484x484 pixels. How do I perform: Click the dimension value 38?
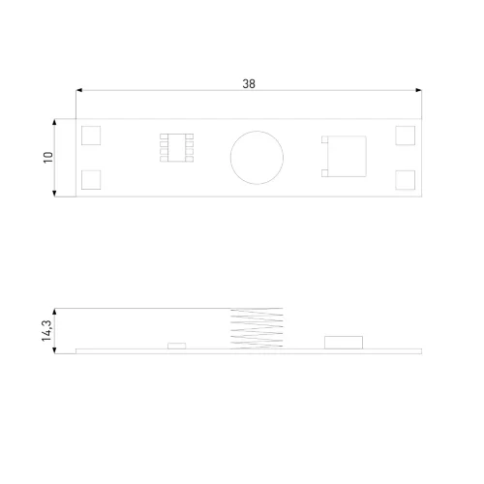pos(249,83)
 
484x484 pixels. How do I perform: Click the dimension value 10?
pos(48,158)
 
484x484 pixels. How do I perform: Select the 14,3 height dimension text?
pos(46,331)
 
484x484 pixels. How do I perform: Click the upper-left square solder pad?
pos(91,136)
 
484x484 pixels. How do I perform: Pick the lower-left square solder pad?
pos(91,180)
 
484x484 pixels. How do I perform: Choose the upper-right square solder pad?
pos(406,136)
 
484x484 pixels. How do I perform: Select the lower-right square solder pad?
pos(406,180)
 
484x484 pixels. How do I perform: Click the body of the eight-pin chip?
pos(177,147)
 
